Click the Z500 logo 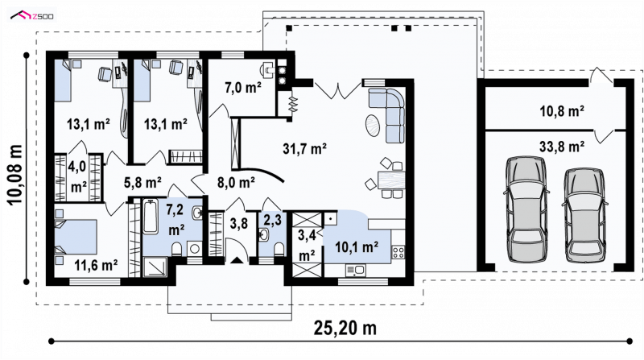point(32,16)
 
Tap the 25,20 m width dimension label point(345,328)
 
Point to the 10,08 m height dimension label point(14,175)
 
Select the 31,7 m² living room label point(304,148)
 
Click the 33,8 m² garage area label point(562,147)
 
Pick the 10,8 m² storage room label point(562,111)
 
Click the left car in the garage point(526,209)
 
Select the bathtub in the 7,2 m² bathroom point(151,216)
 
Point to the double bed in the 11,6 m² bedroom point(76,237)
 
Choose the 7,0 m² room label point(243,87)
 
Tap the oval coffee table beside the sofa point(373,125)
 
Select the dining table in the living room point(391,180)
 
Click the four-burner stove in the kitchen point(398,252)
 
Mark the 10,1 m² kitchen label point(357,247)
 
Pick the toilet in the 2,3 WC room point(279,249)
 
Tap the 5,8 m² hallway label point(142,182)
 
